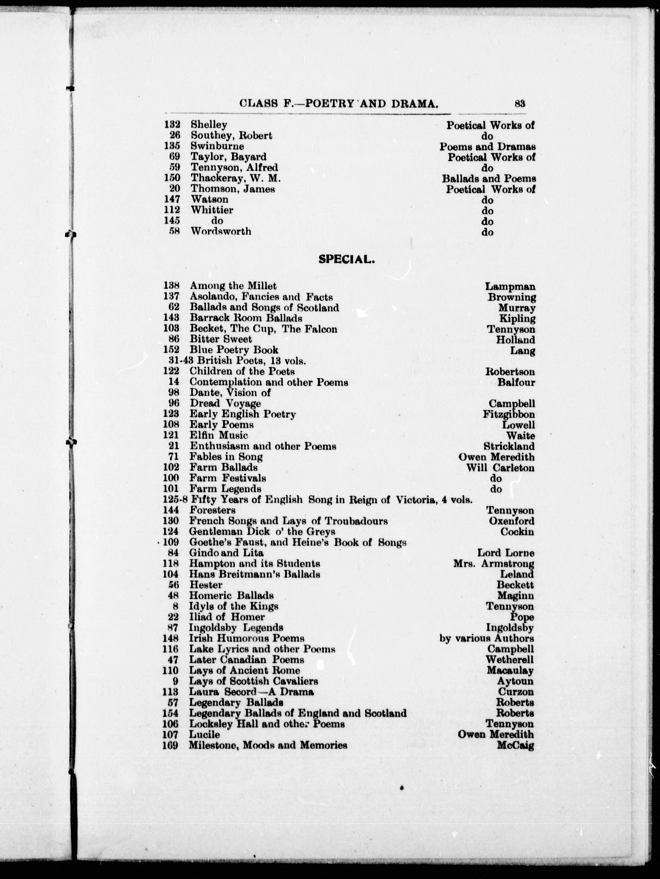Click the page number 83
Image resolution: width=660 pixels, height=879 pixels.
pyautogui.click(x=520, y=104)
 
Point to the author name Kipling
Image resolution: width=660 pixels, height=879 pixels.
pyautogui.click(x=517, y=319)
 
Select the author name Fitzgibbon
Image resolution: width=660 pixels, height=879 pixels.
pyautogui.click(x=509, y=414)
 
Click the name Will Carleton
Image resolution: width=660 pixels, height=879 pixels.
pyautogui.click(x=500, y=468)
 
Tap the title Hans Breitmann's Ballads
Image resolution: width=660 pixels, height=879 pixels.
pyautogui.click(x=255, y=574)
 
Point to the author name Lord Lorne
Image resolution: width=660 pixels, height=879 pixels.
pyautogui.click(x=505, y=553)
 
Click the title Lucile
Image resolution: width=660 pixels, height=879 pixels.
pyautogui.click(x=204, y=735)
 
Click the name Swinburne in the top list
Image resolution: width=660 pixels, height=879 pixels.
pyautogui.click(x=217, y=146)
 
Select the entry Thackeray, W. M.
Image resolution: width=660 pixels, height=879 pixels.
pyautogui.click(x=236, y=179)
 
